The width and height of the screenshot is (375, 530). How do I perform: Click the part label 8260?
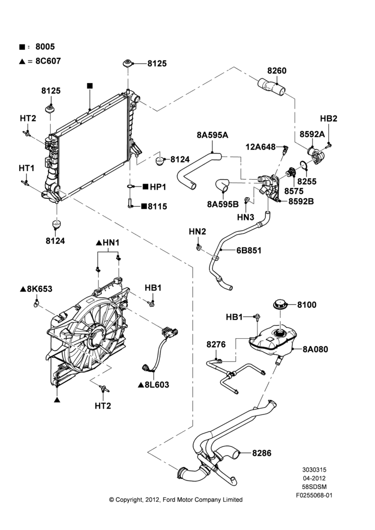click(276, 70)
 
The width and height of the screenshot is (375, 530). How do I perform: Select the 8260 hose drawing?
click(271, 86)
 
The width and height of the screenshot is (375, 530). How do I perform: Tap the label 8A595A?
click(212, 135)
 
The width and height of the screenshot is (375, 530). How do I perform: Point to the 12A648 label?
click(261, 147)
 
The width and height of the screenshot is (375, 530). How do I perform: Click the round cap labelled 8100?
click(281, 304)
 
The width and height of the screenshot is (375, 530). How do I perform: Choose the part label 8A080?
click(315, 349)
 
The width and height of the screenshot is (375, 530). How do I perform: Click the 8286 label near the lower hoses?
click(262, 453)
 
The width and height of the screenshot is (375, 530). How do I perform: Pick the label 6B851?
click(248, 251)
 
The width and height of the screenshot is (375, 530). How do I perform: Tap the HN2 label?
click(197, 232)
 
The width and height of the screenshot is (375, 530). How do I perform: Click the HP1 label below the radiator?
click(158, 187)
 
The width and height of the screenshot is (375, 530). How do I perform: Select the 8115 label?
click(157, 207)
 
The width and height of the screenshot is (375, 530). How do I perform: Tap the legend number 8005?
click(45, 47)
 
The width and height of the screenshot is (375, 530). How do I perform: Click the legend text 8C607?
click(48, 61)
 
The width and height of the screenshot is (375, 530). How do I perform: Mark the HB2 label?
click(329, 119)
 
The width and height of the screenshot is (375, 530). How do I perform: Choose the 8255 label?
click(307, 181)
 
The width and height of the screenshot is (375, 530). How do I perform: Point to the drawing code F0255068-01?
click(314, 496)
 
